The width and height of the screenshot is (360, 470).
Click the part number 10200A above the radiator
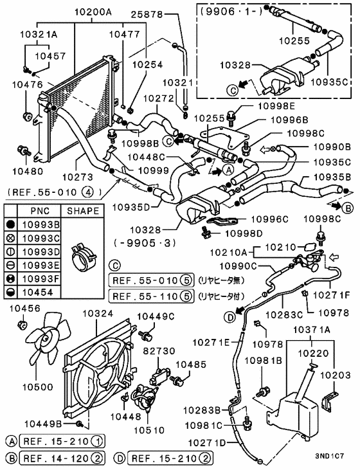(x=93, y=12)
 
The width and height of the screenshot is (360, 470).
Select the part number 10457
(x=50, y=56)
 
